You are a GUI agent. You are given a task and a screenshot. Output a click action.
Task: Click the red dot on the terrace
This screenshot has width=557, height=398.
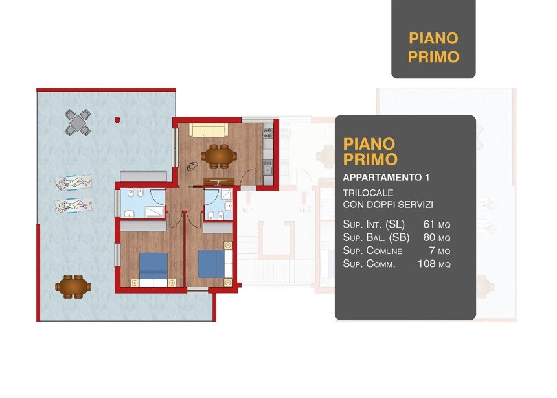117,120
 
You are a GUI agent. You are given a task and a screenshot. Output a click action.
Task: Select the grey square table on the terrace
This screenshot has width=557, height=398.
78,123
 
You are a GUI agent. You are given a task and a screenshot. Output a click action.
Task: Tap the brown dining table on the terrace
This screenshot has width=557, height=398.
73,287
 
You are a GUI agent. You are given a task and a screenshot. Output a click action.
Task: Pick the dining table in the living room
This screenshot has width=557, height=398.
219,156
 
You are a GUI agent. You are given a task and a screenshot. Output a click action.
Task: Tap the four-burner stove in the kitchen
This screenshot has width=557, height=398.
267,134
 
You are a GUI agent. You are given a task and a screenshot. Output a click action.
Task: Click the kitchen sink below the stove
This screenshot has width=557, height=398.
268,167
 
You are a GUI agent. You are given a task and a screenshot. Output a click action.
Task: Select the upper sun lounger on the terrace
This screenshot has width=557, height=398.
73,183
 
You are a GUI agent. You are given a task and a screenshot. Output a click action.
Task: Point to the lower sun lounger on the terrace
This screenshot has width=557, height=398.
73,205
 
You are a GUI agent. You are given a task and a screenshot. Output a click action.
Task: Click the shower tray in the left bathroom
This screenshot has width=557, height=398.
155,212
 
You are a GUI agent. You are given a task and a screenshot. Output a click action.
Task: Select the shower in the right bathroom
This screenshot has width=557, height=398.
226,194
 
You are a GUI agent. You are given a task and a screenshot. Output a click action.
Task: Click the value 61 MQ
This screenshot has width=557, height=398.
437,224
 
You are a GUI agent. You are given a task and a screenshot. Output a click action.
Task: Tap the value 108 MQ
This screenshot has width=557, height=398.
434,264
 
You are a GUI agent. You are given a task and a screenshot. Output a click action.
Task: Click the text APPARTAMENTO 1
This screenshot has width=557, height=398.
386,178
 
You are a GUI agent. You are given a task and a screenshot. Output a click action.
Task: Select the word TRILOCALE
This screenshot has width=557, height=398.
368,193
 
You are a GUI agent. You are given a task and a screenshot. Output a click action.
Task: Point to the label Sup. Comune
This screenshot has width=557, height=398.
372,251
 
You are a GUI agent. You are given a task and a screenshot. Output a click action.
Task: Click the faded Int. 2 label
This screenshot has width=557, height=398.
304,210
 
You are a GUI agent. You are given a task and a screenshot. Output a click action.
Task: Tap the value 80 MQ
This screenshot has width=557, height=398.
437,238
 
